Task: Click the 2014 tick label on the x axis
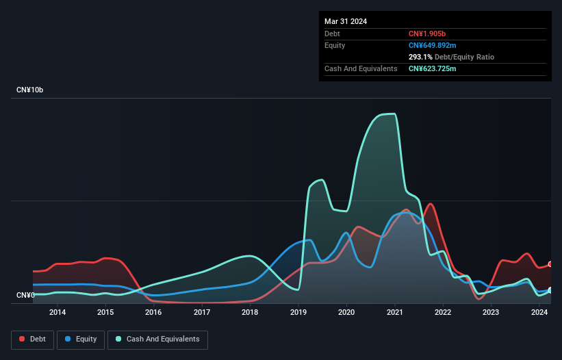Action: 58,313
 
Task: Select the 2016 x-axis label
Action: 153,313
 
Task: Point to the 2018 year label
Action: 250,313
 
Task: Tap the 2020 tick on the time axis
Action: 346,313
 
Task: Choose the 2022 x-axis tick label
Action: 443,313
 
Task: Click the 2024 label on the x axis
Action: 539,313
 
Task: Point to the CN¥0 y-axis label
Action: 27,296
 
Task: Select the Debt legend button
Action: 31,339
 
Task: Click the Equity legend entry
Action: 80,339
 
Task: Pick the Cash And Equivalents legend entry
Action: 157,339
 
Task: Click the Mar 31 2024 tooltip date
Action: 346,21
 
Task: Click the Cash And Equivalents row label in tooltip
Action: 361,68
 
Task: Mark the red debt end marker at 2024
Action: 550,264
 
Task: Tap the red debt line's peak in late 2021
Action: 430,203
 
